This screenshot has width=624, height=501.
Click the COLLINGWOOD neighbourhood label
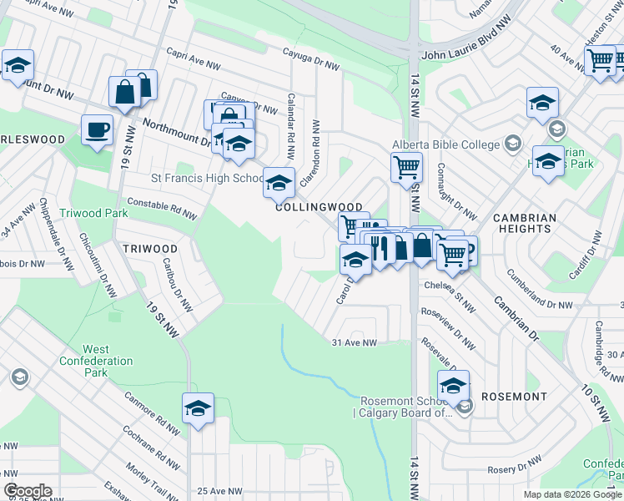[x=320, y=207]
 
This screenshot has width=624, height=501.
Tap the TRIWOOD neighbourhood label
[x=150, y=249]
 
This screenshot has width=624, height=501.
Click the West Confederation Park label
[x=96, y=361]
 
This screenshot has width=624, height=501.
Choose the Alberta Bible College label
[x=445, y=144]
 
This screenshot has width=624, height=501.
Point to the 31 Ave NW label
[x=355, y=342]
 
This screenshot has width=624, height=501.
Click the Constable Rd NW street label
[x=162, y=207]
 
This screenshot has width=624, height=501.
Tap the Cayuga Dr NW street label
[x=311, y=60]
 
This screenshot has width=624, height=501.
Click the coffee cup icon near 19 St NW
[x=97, y=129]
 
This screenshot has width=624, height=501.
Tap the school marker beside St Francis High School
[x=279, y=181]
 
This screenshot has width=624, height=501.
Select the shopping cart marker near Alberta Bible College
[x=406, y=166]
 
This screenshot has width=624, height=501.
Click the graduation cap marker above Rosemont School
[x=453, y=386]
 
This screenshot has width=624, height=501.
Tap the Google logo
[x=28, y=491]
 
